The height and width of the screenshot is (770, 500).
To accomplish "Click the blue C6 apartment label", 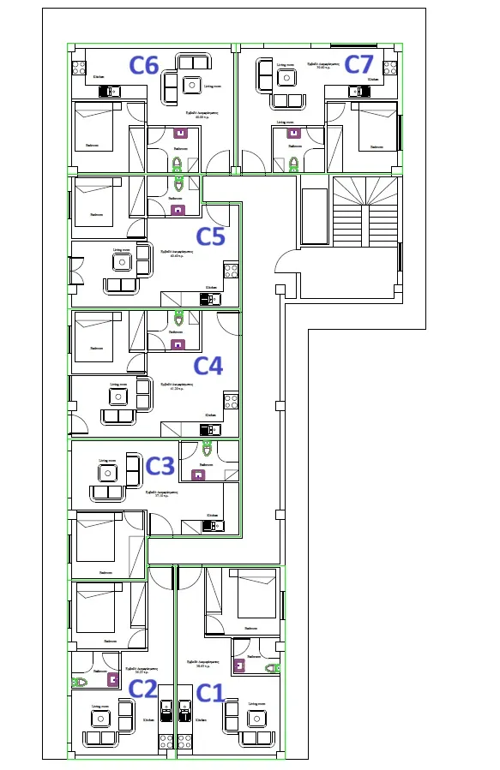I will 144,65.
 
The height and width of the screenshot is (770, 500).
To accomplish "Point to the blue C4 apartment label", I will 208,366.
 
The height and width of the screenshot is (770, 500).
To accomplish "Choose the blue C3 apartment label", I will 160,466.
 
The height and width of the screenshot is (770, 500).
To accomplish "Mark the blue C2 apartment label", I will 143,689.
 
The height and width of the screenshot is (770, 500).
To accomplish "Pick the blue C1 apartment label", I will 209,692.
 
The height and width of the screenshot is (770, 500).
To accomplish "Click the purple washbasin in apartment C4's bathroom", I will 178,344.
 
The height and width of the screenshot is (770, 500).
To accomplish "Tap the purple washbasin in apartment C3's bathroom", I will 198,475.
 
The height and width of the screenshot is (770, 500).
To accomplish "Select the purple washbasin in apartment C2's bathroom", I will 113,680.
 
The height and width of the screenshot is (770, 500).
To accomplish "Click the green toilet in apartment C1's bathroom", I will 272,667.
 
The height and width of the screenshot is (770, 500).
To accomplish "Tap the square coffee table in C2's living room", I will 99,717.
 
